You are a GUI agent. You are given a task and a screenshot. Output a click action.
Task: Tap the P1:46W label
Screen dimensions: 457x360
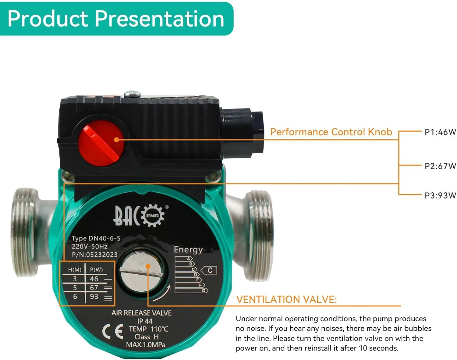(440, 132)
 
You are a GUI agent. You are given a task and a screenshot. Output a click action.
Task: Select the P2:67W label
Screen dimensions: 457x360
(440, 166)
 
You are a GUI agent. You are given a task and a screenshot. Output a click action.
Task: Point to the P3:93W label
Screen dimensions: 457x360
(440, 195)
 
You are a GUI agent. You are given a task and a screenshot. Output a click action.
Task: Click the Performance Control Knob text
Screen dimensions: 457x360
(331, 132)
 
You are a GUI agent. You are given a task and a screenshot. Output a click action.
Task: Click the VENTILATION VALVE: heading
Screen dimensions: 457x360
(286, 299)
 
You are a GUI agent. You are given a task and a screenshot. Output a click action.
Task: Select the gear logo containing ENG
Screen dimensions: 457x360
(153, 215)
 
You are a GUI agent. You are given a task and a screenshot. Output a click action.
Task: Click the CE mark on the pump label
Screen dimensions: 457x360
(113, 331)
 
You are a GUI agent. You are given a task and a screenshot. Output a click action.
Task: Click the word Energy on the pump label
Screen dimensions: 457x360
(188, 250)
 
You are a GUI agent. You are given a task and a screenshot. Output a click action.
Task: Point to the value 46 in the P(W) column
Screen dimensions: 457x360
(94, 279)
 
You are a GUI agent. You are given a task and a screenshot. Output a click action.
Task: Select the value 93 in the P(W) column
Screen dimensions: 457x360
(94, 296)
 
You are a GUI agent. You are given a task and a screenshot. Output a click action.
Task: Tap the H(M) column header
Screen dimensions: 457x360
(75, 270)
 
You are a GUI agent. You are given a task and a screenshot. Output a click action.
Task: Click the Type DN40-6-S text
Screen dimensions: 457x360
(96, 238)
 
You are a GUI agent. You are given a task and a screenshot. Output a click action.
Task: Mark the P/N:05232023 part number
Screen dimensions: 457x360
(94, 255)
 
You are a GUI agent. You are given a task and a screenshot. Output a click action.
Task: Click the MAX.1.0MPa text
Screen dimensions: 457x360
(146, 344)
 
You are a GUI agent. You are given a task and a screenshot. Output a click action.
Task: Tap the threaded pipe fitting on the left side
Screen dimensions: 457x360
(26, 232)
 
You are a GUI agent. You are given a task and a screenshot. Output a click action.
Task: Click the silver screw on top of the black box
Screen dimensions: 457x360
(133, 94)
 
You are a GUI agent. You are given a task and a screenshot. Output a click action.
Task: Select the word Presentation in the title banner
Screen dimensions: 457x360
(159, 19)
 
